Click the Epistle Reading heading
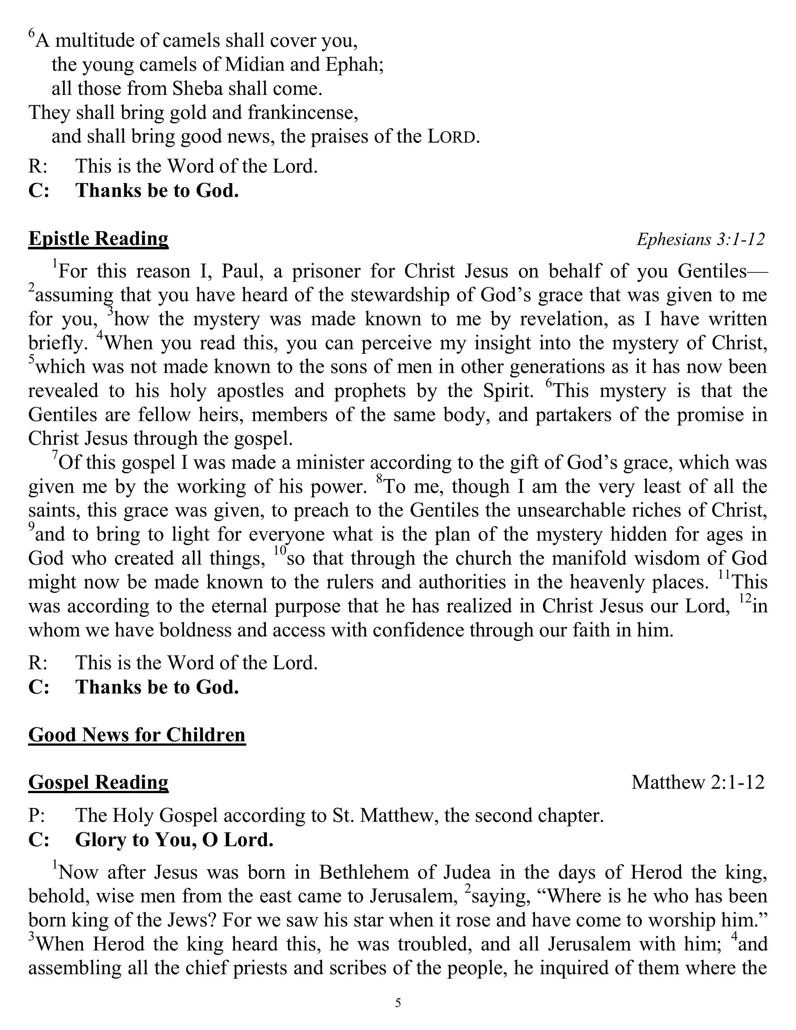[x=98, y=239]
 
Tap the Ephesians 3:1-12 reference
[x=700, y=239]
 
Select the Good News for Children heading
[x=137, y=735]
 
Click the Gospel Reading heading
[x=98, y=782]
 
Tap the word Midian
[x=255, y=65]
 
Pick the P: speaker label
[x=38, y=815]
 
